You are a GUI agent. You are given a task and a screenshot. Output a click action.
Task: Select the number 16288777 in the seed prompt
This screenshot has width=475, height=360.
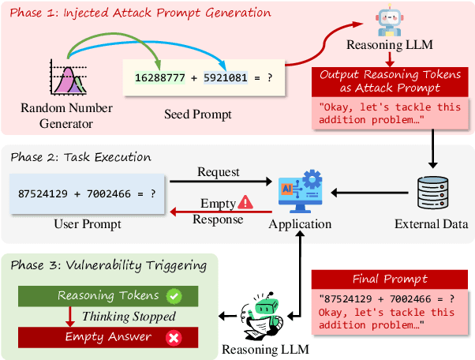[161, 78]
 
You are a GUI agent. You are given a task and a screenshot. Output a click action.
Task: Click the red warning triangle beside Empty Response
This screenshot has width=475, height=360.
[248, 203]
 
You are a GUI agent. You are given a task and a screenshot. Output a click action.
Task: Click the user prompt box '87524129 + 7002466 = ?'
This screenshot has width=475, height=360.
[81, 193]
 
